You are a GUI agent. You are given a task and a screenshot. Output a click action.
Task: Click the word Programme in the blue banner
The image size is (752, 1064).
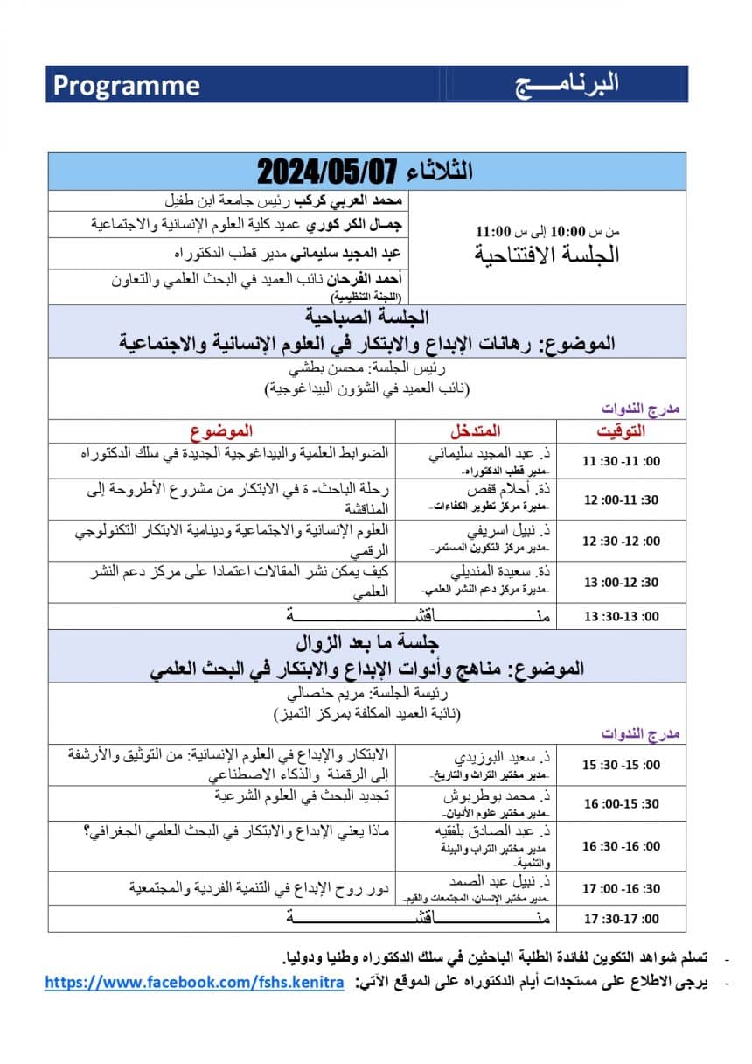(127, 85)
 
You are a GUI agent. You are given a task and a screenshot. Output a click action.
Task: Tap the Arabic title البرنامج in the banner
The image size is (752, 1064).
(566, 83)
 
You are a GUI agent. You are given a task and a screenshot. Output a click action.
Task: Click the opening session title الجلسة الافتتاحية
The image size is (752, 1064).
(547, 255)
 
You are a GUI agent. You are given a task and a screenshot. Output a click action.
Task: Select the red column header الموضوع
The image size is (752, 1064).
(222, 430)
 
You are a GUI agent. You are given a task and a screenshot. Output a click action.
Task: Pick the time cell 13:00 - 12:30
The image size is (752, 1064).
(621, 582)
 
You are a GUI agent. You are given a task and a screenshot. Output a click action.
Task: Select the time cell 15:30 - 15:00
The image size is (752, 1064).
(621, 764)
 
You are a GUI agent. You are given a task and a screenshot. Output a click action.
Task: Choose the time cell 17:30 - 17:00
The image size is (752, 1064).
(621, 919)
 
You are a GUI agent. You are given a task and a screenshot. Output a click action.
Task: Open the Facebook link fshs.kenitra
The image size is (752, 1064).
(194, 983)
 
